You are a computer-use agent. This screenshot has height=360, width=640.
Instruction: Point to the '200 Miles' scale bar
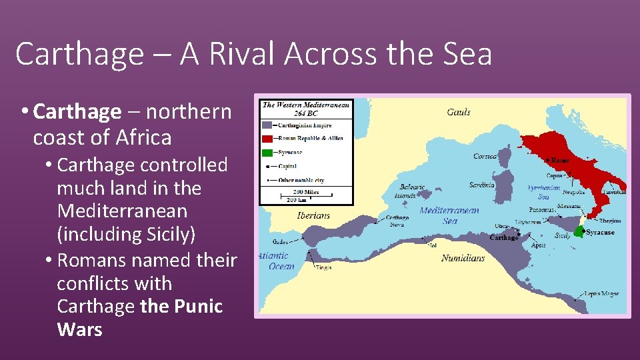307,193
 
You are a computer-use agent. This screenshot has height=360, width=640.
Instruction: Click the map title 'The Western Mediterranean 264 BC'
306,109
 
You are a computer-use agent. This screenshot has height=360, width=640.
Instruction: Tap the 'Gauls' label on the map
459,112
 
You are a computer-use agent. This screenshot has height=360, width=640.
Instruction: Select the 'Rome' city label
560,161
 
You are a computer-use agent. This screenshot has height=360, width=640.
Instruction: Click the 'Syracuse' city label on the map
600,233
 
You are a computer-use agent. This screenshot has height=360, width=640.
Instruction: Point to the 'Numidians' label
463,258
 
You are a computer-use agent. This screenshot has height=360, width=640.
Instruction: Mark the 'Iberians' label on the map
313,215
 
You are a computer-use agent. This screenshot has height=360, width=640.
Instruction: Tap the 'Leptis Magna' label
601,293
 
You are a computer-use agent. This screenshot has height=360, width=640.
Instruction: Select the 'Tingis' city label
324,268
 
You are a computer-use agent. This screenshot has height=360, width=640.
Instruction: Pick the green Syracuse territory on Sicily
579,231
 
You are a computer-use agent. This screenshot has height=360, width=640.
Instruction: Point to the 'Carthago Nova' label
398,221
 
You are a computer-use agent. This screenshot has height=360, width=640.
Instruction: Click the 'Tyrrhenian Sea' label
543,193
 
